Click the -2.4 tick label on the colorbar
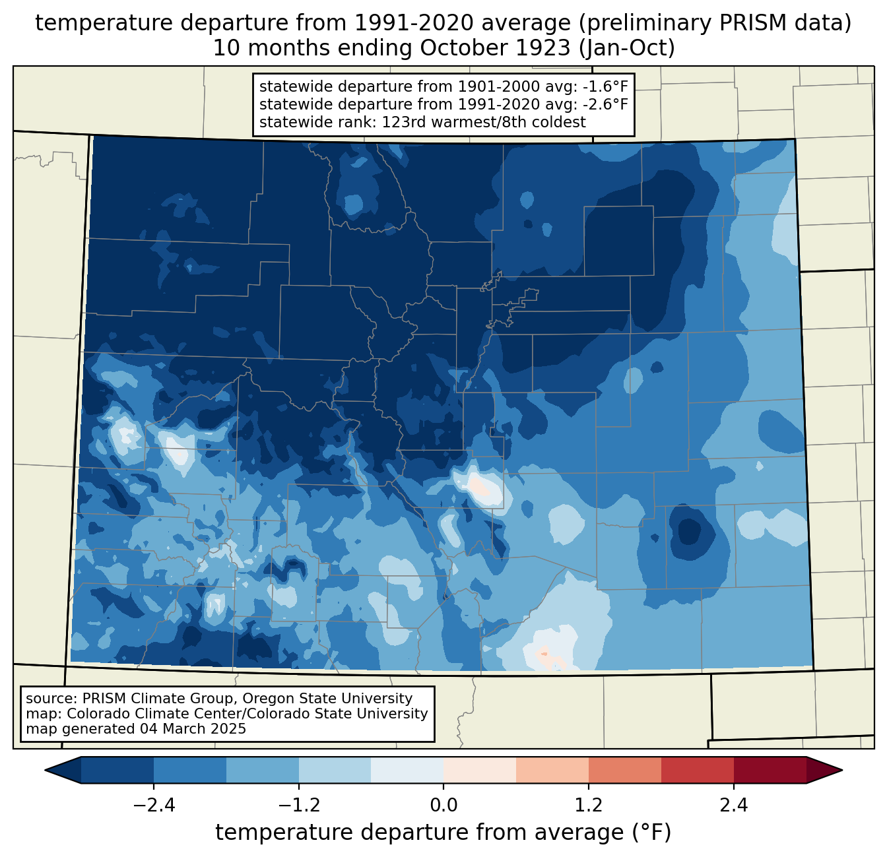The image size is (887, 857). tap(154, 805)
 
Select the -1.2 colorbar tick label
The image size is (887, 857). tap(299, 805)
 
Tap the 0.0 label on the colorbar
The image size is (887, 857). tap(443, 805)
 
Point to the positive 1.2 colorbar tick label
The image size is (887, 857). tap(589, 805)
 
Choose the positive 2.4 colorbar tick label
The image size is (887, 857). tap(734, 805)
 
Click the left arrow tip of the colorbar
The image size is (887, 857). tap(45, 771)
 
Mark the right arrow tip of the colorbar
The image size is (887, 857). tap(842, 771)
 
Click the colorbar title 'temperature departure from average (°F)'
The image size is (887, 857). tap(443, 833)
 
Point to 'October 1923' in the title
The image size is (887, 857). tap(496, 48)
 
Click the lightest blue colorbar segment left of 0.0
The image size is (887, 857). tap(407, 771)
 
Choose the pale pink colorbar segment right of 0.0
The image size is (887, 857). tap(480, 771)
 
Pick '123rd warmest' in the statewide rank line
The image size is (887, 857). tap(428, 122)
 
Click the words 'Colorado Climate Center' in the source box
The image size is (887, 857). tap(183, 714)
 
